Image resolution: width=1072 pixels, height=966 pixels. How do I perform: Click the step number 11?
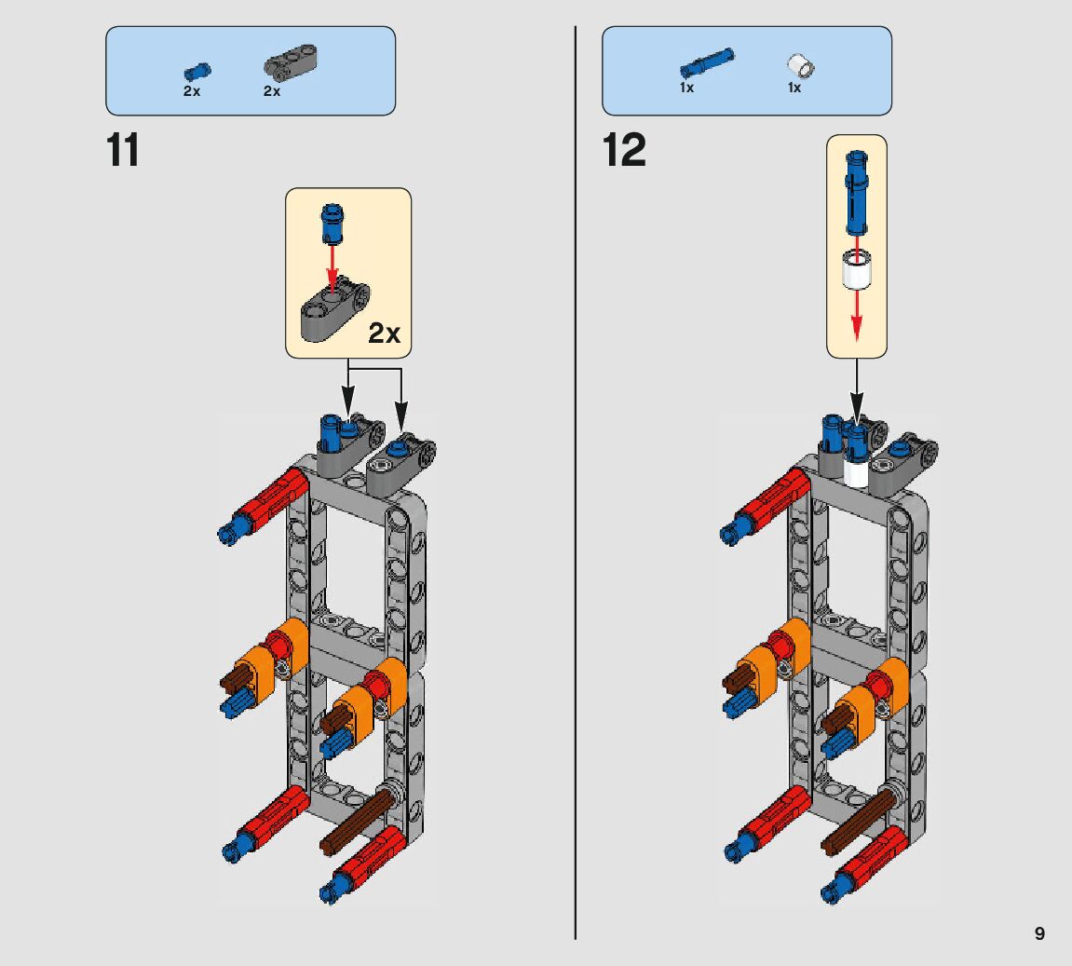123,150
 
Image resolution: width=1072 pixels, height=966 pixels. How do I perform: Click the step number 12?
624,150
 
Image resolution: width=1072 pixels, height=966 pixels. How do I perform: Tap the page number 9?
1039,933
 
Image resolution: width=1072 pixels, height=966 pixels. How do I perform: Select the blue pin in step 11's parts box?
197,71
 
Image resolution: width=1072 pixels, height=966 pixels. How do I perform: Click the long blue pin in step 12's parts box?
706,62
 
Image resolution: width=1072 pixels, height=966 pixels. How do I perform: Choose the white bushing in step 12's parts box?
799,65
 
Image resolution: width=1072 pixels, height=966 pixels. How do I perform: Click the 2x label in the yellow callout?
384,333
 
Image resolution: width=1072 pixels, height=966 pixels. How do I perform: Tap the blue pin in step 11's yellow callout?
332,224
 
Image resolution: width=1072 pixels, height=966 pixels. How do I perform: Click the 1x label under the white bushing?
794,88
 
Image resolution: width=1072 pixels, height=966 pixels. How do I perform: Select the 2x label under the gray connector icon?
272,91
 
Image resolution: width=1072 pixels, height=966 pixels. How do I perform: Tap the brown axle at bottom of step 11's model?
355,820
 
